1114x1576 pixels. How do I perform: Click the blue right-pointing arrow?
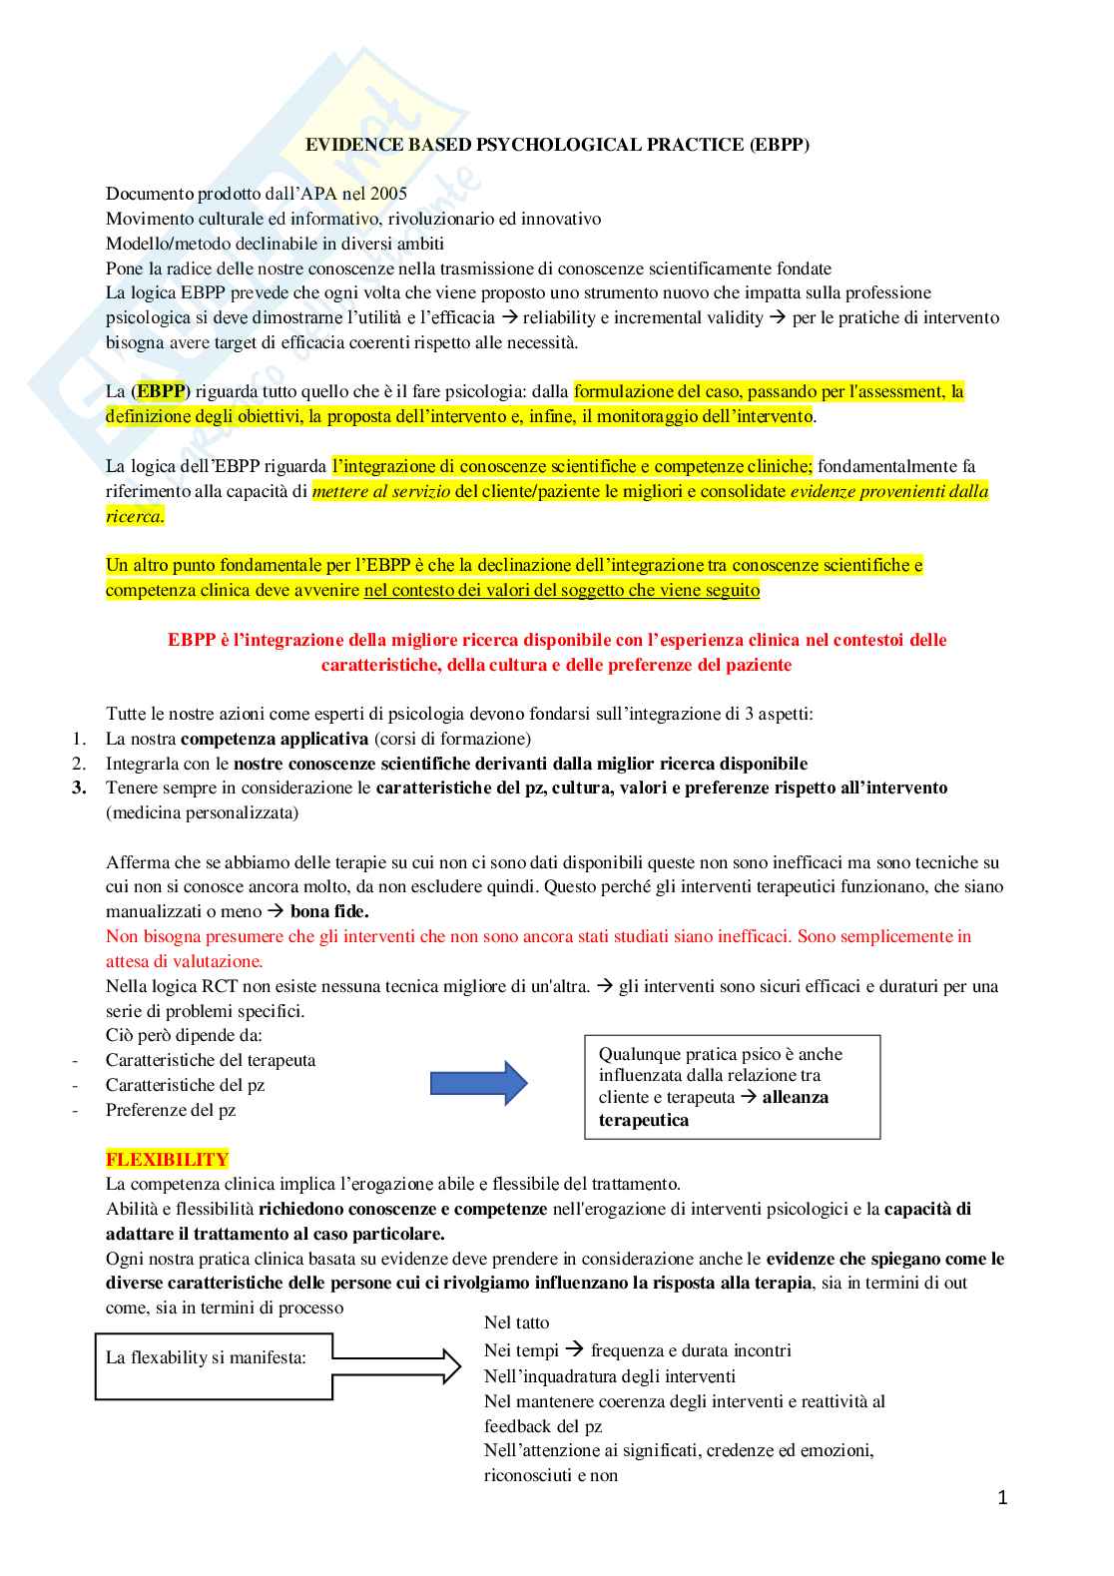click(478, 1083)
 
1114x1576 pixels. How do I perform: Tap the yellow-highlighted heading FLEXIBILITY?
click(167, 1160)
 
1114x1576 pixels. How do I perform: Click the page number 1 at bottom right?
click(1002, 1497)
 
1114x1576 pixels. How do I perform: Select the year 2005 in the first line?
click(388, 194)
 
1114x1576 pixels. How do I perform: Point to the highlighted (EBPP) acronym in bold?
click(160, 391)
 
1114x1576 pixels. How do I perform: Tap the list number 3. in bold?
click(79, 788)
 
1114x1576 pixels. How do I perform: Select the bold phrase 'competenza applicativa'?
click(275, 739)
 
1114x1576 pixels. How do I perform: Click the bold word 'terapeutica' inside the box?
click(643, 1120)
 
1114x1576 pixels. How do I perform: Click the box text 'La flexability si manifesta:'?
click(206, 1357)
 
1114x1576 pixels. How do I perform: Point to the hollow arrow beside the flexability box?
click(397, 1358)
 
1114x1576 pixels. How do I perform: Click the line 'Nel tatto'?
click(516, 1322)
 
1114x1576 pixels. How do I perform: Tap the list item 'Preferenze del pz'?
click(171, 1110)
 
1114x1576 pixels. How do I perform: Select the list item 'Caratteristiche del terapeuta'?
click(211, 1060)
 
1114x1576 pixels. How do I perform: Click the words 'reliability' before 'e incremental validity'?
click(559, 317)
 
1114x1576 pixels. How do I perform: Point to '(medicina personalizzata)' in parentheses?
click(202, 812)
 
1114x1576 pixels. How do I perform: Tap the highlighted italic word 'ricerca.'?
click(135, 516)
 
